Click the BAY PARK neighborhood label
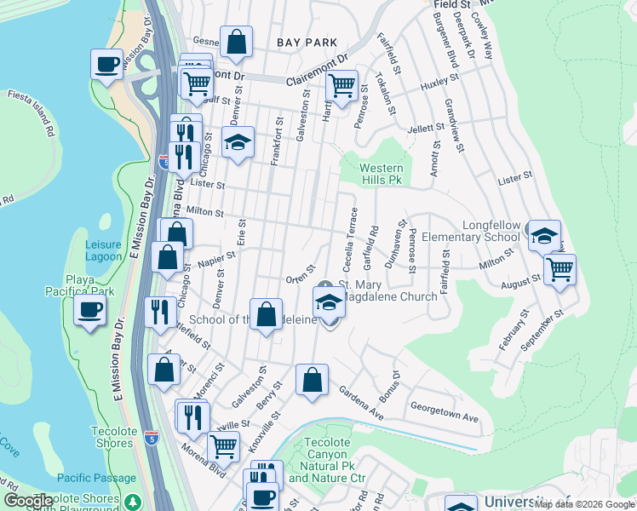(307, 42)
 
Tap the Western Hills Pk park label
(381, 175)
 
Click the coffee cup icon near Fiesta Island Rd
(107, 66)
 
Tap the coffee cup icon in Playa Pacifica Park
(90, 310)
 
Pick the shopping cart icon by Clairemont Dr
(341, 85)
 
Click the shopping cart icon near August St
(560, 269)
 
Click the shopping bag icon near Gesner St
(236, 41)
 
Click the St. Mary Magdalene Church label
(387, 290)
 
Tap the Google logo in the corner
(28, 502)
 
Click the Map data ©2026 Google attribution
(583, 504)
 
